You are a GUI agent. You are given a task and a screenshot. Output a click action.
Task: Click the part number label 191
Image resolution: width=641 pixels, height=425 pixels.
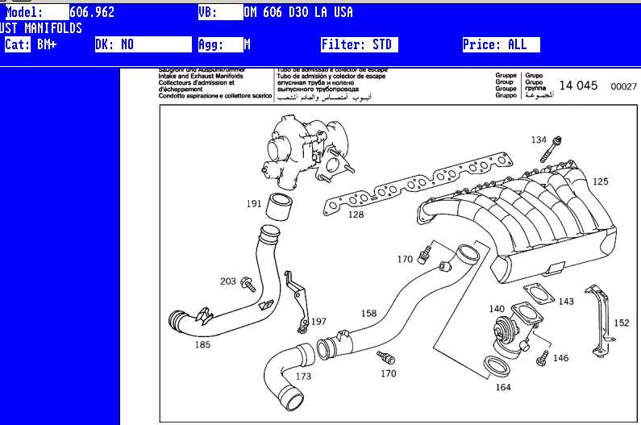(254, 204)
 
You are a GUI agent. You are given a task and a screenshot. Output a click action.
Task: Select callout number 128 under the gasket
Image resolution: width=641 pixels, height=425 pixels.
(356, 215)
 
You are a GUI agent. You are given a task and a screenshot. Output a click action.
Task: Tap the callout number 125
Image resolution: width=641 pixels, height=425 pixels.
(601, 181)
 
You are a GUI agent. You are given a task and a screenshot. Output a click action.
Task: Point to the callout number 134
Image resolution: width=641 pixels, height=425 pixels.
(539, 140)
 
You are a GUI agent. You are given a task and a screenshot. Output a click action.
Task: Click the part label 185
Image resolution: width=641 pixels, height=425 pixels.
(202, 344)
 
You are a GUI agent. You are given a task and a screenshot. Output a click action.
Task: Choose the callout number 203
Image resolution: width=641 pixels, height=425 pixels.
(228, 281)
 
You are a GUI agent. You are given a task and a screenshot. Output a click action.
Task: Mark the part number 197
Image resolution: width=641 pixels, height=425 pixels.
(319, 322)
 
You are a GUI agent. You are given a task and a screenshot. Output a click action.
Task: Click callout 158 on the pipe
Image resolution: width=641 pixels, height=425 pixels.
(368, 314)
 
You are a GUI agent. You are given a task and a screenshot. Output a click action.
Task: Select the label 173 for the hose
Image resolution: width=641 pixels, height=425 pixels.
(303, 377)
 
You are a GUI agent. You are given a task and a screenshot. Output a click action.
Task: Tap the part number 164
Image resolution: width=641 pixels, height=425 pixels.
(503, 388)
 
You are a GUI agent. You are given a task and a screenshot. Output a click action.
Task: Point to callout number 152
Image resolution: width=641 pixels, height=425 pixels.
(621, 323)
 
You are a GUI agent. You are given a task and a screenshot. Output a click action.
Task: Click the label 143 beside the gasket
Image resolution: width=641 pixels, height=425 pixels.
(566, 302)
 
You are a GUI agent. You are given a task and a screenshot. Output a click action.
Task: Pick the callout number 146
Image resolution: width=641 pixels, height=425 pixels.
(560, 357)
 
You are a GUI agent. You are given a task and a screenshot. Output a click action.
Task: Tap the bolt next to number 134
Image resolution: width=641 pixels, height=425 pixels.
(555, 150)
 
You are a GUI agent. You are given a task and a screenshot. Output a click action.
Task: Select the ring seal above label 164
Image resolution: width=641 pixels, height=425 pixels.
(499, 366)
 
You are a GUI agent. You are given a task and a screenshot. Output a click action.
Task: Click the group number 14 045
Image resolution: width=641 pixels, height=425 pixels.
(578, 85)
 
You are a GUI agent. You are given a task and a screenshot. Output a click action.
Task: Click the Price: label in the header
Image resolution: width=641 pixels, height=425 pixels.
(481, 45)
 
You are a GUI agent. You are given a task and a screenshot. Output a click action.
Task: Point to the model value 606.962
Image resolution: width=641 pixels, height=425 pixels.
(93, 13)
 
